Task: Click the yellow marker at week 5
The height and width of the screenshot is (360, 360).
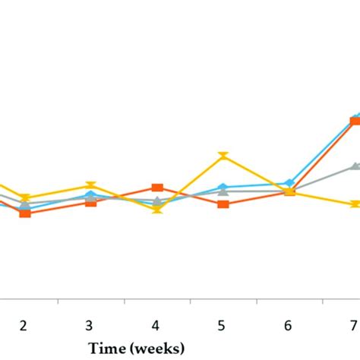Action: tap(223, 156)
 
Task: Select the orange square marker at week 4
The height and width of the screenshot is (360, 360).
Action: tap(157, 188)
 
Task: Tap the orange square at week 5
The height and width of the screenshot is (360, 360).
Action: tap(223, 204)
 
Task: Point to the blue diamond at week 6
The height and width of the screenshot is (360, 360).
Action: tap(289, 183)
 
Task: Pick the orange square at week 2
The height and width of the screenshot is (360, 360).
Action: tap(25, 213)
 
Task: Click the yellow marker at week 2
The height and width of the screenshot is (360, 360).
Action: tap(25, 197)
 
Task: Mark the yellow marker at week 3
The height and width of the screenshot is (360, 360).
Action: tap(91, 185)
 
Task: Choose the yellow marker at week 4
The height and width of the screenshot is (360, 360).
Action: tap(157, 210)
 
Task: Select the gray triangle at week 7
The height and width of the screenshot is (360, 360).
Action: tap(355, 166)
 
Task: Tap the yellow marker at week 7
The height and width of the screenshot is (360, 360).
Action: tap(355, 204)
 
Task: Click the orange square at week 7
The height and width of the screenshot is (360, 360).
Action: tap(355, 121)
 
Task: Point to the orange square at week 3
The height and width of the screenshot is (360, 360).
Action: tap(91, 202)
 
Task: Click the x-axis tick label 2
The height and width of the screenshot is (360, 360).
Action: tap(24, 325)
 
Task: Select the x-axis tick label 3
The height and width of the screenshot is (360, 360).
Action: tap(90, 325)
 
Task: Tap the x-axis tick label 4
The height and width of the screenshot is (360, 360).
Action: tap(156, 325)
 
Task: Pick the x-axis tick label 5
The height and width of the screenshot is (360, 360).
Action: tap(222, 325)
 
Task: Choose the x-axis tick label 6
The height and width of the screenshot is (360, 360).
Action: tap(288, 325)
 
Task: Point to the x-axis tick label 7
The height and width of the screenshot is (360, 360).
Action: tap(353, 325)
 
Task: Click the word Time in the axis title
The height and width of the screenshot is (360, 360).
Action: tap(106, 348)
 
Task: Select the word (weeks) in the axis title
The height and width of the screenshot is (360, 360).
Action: tap(156, 348)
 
